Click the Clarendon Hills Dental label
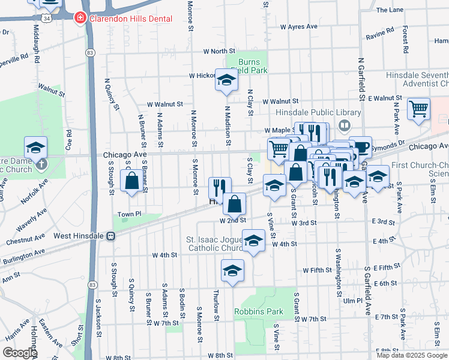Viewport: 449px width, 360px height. [x=130, y=19]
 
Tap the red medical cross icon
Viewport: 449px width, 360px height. [x=79, y=19]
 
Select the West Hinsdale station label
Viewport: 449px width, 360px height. [x=79, y=236]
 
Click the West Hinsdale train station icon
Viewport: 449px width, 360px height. [x=111, y=236]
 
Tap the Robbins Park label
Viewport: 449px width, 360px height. [x=258, y=311]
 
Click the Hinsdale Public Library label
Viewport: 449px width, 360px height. [x=318, y=112]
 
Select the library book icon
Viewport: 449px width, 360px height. [x=345, y=125]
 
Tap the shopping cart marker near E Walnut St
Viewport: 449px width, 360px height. [x=418, y=109]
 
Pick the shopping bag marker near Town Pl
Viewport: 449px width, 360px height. [x=131, y=181]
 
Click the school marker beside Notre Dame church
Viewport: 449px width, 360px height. [x=36, y=147]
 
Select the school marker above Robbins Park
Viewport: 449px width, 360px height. [x=232, y=270]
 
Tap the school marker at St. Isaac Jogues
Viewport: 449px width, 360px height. [x=255, y=241]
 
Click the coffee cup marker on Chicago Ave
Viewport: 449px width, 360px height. [x=361, y=147]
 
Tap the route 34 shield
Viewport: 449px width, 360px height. [x=55, y=19]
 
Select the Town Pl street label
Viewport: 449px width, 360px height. [x=128, y=214]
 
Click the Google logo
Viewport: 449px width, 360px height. [x=19, y=353]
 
